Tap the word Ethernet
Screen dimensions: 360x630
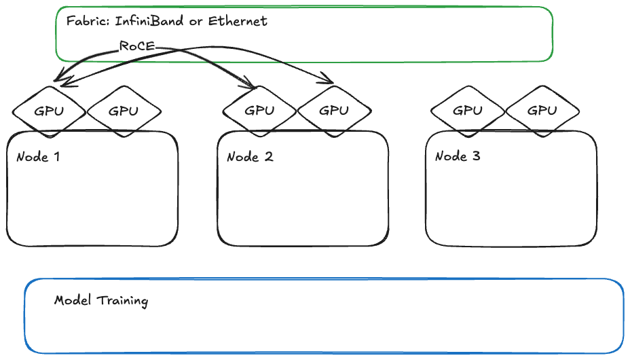pos(238,21)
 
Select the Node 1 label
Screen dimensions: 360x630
pos(38,157)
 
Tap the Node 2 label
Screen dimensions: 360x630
pos(250,157)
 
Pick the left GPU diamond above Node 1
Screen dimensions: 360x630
pos(49,111)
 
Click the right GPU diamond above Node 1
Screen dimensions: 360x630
pos(124,111)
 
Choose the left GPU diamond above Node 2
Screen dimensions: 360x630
pos(259,110)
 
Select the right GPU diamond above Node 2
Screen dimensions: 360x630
pos(334,110)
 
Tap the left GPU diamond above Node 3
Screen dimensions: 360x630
pos(468,110)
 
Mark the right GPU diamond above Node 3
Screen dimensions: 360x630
pos(542,110)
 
